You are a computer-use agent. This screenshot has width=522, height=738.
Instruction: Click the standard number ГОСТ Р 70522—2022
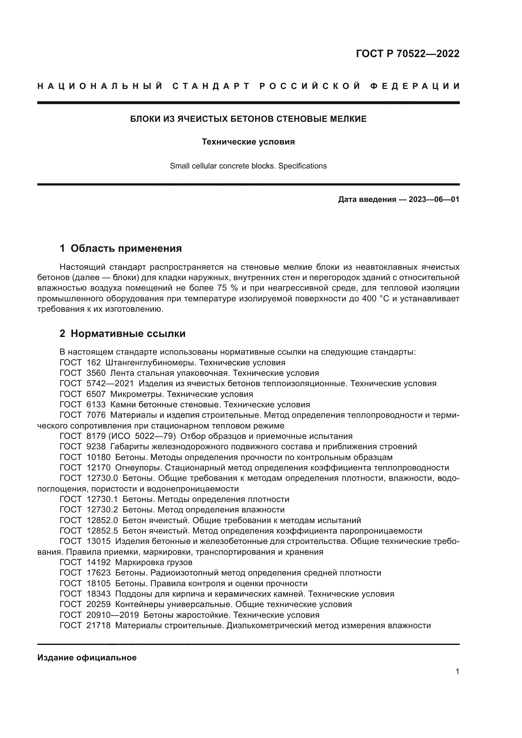pos(407,54)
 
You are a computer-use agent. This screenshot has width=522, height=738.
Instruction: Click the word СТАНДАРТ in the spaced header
pos(211,86)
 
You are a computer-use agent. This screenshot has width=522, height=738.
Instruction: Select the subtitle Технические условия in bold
pos(248,142)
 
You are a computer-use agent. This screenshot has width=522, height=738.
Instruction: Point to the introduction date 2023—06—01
pos(434,200)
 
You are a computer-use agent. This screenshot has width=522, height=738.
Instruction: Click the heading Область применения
pos(126,248)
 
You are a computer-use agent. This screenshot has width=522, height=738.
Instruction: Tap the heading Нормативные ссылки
pos(128,334)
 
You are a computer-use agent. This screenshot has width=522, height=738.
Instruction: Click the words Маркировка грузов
pos(154,563)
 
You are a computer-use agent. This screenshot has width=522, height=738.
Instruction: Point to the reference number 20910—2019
pos(112,615)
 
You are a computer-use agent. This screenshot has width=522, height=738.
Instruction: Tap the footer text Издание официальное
pos(87,658)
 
